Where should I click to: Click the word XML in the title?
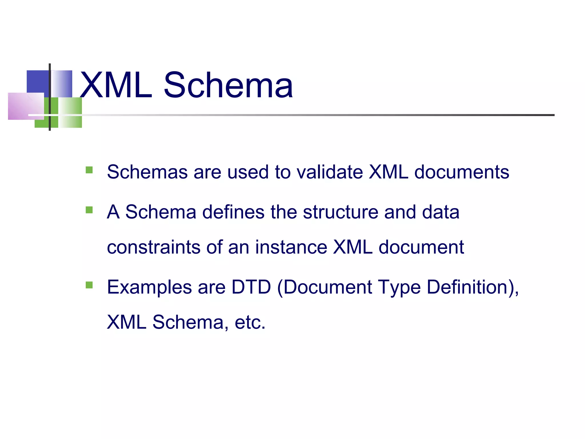tap(116, 85)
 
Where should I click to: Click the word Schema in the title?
tap(228, 85)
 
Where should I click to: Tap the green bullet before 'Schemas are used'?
tap(89, 170)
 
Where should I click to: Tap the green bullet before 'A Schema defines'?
tap(89, 210)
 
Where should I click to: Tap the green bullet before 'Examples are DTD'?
tap(89, 285)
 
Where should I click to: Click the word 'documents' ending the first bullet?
tap(462, 172)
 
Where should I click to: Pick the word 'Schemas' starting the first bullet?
tap(147, 172)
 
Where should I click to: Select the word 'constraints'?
tap(154, 247)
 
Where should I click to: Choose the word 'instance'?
tap(291, 247)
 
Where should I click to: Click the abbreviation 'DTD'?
tap(251, 287)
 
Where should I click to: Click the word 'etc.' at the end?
tap(250, 322)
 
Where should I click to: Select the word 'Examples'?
tap(149, 288)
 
